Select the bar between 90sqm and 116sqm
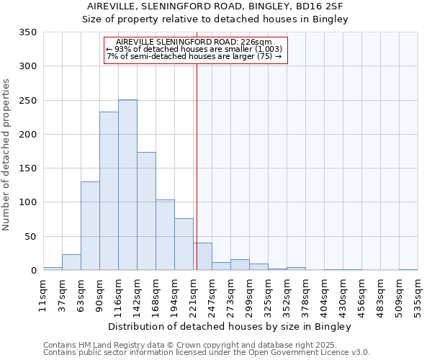109,191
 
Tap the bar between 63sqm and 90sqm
90,226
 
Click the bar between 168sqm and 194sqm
165,235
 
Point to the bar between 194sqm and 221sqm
184,244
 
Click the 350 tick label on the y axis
28,32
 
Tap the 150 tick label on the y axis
28,168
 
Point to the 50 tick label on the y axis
30,236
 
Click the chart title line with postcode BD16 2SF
215,6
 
